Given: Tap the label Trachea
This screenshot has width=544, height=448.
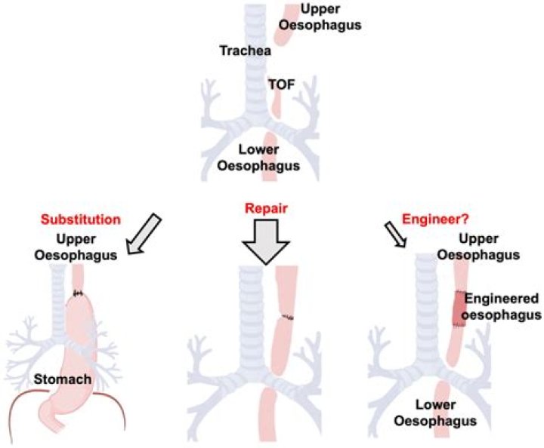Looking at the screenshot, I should coord(241,51).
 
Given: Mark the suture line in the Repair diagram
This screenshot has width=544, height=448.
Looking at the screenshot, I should coord(284,317).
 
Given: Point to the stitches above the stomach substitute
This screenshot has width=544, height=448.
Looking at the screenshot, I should coord(77,292).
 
